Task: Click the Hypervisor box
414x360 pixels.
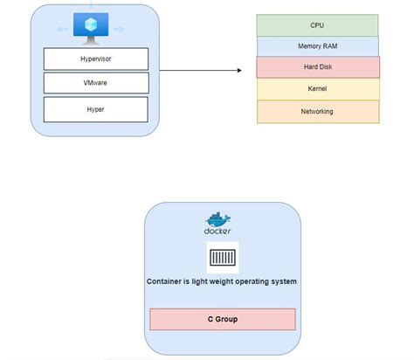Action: click(x=95, y=59)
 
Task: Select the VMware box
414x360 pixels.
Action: click(x=95, y=84)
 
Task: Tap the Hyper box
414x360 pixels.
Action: click(x=95, y=109)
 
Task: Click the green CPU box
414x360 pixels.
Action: click(x=317, y=25)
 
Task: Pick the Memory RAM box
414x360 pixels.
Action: click(x=317, y=46)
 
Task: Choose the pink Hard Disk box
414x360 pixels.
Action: click(x=318, y=67)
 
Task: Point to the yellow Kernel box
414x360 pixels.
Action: click(x=317, y=89)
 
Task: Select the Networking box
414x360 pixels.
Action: click(x=317, y=111)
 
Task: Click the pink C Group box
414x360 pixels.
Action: click(x=222, y=319)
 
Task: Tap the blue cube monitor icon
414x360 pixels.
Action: click(x=89, y=27)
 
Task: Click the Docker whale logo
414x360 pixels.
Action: click(x=218, y=219)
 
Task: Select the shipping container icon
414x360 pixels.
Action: click(x=222, y=258)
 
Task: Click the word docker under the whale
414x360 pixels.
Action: click(x=218, y=232)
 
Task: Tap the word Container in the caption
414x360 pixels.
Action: click(x=168, y=281)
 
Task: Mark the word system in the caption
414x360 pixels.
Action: click(x=282, y=281)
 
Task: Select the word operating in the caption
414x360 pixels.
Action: click(x=245, y=281)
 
